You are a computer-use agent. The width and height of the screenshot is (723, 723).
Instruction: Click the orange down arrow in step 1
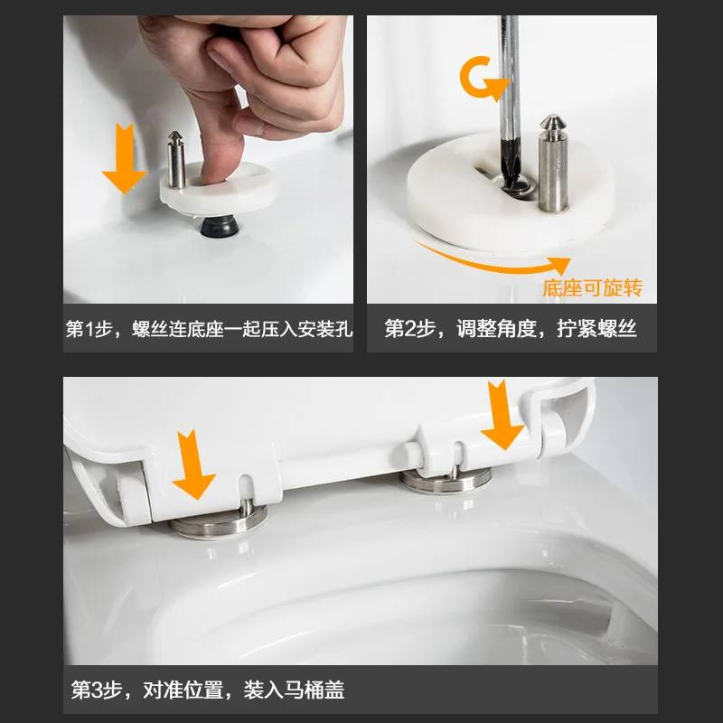[x=124, y=159]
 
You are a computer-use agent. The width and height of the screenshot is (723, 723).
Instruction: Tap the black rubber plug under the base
[x=220, y=226]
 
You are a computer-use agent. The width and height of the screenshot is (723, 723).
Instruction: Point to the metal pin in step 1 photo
[x=176, y=160]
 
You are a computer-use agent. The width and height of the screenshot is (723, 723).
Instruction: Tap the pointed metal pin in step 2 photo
[x=553, y=164]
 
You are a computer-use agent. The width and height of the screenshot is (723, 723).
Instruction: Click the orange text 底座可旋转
[x=593, y=288]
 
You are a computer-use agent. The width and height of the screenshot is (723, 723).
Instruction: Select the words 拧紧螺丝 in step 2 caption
[x=596, y=329]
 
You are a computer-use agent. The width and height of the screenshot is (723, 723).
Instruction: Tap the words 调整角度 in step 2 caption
[x=496, y=329]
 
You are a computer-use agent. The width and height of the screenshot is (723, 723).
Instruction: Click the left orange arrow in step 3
[x=193, y=465]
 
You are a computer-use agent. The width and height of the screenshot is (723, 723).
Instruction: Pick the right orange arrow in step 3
[x=502, y=415]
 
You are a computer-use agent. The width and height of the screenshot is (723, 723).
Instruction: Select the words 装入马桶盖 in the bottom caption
[x=294, y=690]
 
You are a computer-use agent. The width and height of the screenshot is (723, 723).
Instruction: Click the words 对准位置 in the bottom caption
[x=183, y=690]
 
